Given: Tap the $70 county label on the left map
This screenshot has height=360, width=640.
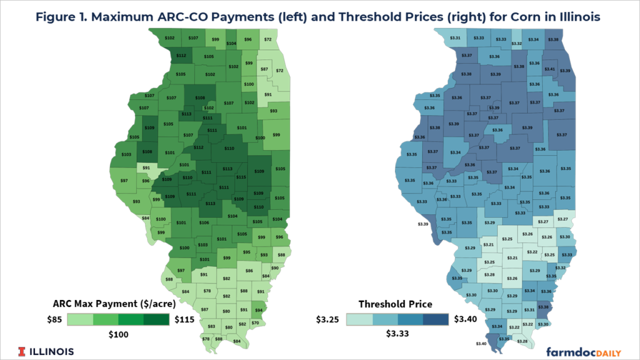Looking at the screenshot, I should click(255, 322).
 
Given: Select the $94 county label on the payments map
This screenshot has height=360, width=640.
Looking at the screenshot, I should click(258, 310).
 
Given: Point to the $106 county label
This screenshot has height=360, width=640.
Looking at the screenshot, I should click(204, 222).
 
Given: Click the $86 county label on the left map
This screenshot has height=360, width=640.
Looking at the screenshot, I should click(249, 271).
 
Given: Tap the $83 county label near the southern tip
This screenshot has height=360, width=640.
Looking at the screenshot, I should click(211, 326).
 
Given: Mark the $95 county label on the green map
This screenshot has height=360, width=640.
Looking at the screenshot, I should click(246, 252).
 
